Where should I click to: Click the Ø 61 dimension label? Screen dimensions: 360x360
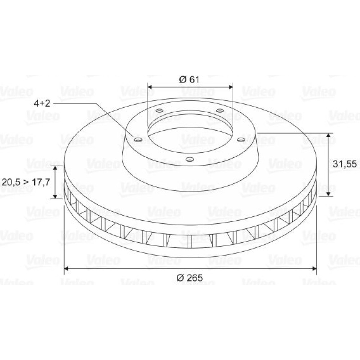[x=189, y=80]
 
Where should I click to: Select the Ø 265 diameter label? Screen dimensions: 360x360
[x=190, y=278]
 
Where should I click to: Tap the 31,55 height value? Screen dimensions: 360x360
[x=345, y=164]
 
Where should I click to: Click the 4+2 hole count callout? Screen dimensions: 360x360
[x=42, y=103]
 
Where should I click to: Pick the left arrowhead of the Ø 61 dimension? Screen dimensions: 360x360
[x=150, y=87]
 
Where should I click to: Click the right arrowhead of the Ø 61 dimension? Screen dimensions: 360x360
[x=230, y=87]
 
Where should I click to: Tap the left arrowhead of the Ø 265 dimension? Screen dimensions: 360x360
[x=67, y=268]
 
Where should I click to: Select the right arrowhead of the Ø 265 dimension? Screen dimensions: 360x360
[x=314, y=268]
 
